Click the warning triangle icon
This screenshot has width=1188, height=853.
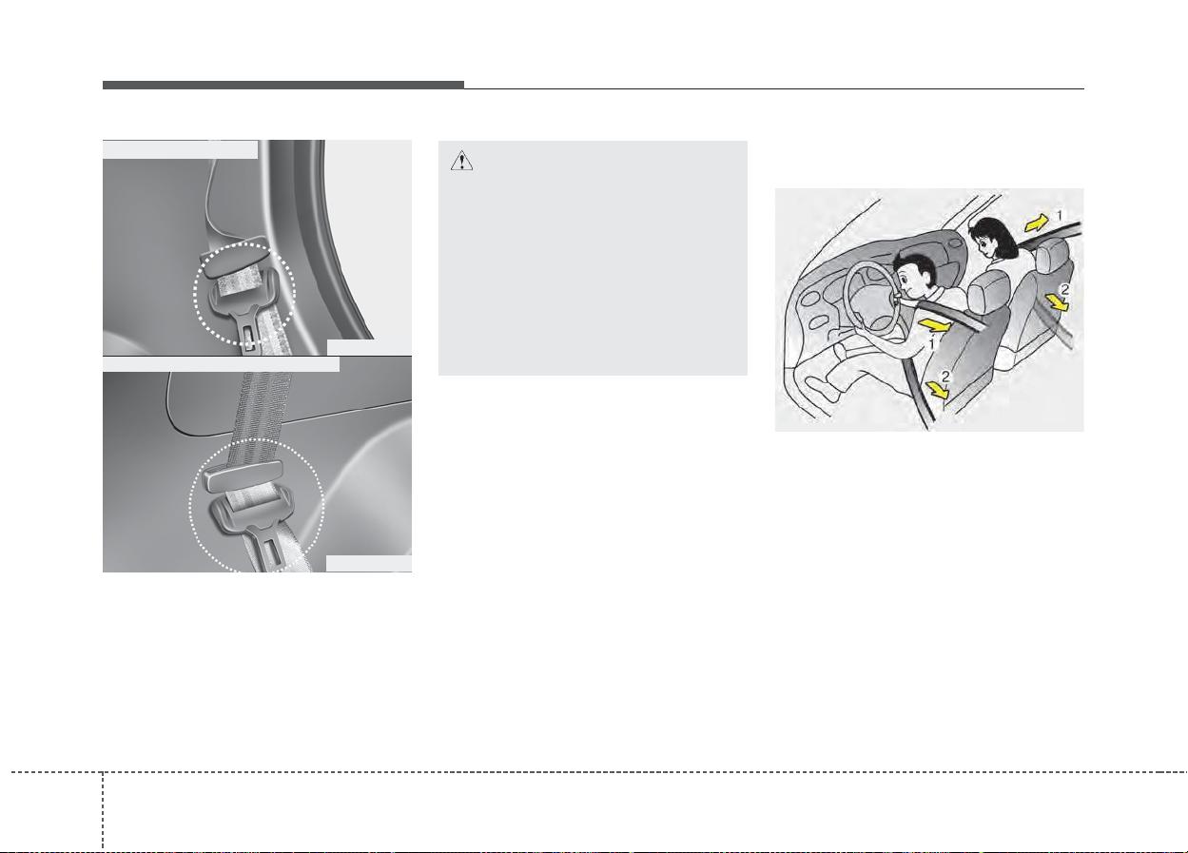(461, 161)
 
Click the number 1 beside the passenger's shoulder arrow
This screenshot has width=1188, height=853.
(1060, 215)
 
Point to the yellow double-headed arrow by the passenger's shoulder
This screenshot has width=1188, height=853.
(1037, 223)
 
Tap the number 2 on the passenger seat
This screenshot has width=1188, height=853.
(1064, 289)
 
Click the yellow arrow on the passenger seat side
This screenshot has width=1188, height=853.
(1057, 302)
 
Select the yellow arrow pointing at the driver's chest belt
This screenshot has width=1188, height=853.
(933, 325)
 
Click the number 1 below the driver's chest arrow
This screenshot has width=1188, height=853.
(932, 344)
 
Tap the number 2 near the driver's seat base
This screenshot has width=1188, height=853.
(945, 377)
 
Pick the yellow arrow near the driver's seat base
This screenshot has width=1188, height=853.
(938, 390)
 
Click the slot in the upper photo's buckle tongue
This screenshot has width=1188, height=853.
(249, 338)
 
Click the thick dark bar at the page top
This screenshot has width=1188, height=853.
(283, 85)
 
